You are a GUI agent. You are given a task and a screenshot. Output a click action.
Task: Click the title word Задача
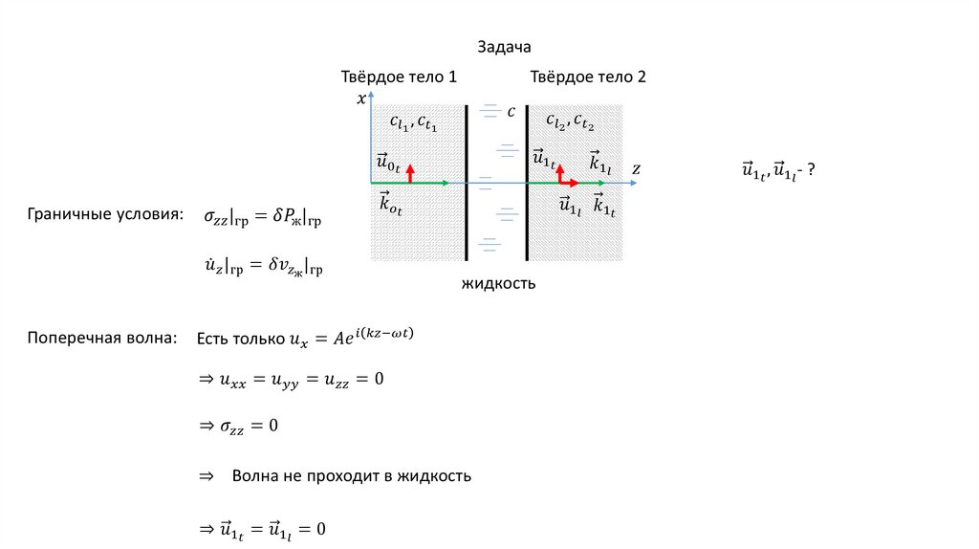coord(503,46)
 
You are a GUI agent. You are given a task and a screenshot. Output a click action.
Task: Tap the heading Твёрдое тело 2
coord(588,77)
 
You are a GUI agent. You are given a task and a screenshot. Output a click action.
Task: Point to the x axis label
coord(360,98)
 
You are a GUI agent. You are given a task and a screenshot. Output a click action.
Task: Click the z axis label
coord(636,168)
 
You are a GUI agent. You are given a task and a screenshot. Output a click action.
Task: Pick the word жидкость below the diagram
coord(498,283)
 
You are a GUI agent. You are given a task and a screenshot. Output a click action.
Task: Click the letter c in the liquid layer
coord(511,112)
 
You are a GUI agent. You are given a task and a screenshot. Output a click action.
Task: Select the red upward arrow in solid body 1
coord(409,172)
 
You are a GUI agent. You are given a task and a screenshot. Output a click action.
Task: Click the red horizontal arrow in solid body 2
coord(568,182)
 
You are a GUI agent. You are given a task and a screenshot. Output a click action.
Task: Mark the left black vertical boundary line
coord(467,182)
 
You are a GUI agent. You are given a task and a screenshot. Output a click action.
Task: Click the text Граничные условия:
coord(105,216)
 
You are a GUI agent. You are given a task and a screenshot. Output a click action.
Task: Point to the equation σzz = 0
coord(238,425)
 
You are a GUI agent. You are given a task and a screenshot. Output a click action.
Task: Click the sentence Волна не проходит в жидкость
coord(351,475)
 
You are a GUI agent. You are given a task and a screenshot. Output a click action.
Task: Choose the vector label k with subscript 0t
coord(390,203)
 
